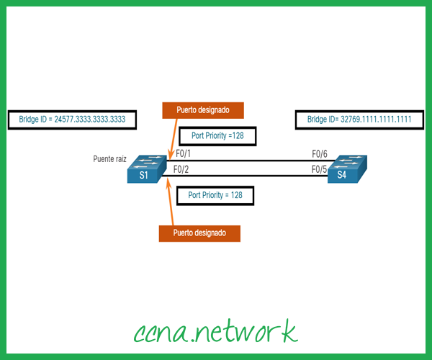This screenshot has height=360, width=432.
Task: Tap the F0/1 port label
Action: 183,154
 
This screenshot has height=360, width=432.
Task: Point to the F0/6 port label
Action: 320,154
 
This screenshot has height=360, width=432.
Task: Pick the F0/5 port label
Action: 320,170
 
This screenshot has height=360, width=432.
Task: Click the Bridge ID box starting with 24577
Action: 71,120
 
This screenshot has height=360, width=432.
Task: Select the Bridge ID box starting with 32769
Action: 359,120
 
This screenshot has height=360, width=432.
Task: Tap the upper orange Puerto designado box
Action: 204,110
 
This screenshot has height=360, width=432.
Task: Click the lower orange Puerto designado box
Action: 199,233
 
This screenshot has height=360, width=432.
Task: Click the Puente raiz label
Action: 110,158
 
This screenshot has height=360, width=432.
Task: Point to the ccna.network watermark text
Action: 215,332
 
